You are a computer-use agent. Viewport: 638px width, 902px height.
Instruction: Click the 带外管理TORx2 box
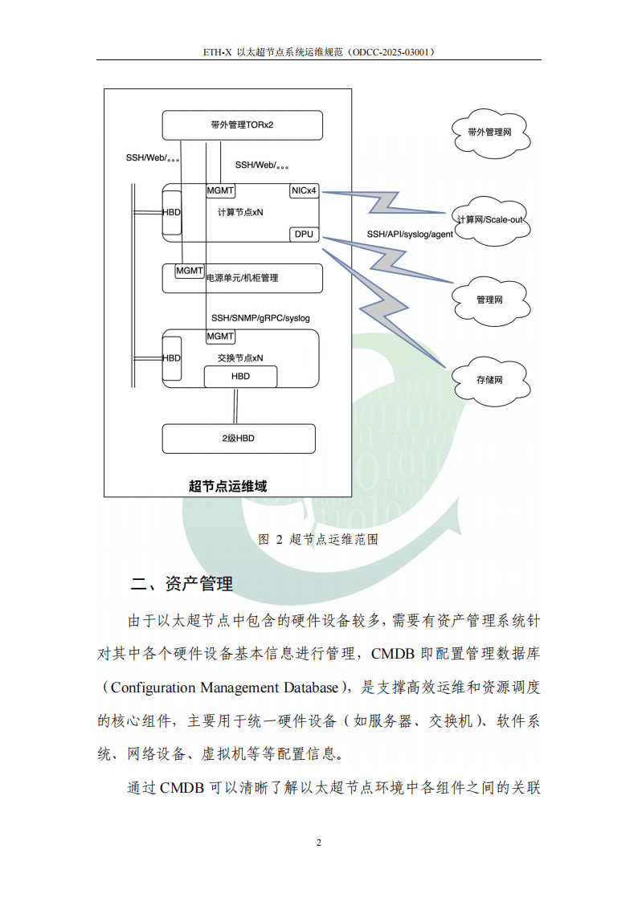(x=242, y=125)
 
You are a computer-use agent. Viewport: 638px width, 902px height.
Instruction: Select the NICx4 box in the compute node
(x=305, y=191)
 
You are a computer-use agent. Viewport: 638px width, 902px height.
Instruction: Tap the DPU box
(x=304, y=235)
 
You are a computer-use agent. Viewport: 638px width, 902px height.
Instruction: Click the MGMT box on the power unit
(x=190, y=271)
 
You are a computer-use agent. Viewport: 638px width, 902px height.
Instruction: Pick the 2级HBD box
(x=239, y=439)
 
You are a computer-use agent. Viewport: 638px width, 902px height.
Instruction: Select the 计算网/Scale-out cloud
(x=489, y=219)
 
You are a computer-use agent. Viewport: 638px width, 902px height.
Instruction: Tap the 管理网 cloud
(x=489, y=300)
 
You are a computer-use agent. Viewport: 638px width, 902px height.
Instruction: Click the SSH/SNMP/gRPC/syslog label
(x=260, y=318)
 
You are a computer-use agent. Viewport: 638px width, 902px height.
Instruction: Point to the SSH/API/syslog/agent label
(x=410, y=235)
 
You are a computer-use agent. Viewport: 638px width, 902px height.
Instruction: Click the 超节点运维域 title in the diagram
(x=227, y=485)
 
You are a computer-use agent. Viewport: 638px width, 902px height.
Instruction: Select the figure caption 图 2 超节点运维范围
(x=318, y=539)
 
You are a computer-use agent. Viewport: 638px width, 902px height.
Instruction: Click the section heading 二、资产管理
(x=182, y=584)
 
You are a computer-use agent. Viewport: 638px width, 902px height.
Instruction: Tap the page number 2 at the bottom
(x=319, y=843)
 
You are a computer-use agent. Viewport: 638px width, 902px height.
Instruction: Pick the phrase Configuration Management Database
(x=224, y=688)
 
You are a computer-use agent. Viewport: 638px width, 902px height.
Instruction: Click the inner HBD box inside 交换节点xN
(x=240, y=376)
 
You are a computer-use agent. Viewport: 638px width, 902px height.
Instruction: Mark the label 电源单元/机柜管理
(x=242, y=278)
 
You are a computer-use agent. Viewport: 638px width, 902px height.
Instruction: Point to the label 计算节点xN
(x=240, y=213)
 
